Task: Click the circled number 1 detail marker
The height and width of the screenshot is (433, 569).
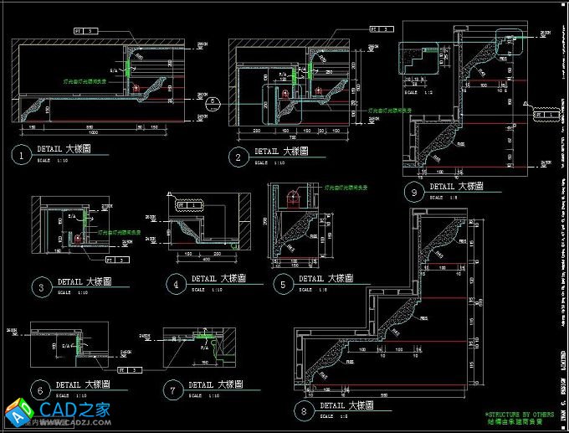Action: (19, 154)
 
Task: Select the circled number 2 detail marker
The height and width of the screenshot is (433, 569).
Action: (238, 155)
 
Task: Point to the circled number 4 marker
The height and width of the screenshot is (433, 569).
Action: (175, 282)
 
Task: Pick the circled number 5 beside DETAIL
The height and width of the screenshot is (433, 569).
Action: (283, 283)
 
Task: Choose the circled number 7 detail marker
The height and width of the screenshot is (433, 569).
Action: (173, 389)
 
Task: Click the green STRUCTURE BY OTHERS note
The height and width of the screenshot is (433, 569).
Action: (519, 414)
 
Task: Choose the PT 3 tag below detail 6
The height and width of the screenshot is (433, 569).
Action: (130, 369)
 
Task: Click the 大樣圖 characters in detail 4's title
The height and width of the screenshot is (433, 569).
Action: (233, 278)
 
